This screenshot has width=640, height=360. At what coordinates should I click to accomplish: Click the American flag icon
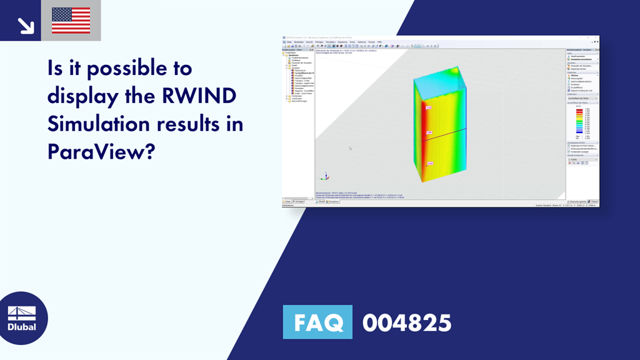point(71,21)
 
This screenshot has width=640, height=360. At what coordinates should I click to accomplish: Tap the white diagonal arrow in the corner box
point(25,24)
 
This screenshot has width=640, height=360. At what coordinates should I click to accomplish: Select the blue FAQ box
point(317,322)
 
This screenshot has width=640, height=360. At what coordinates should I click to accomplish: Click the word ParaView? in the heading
point(100,151)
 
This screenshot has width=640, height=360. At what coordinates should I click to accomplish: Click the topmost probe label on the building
point(429,107)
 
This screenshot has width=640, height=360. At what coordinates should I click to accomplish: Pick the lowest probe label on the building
point(430,164)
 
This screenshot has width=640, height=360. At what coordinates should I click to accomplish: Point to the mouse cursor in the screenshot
point(350,148)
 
